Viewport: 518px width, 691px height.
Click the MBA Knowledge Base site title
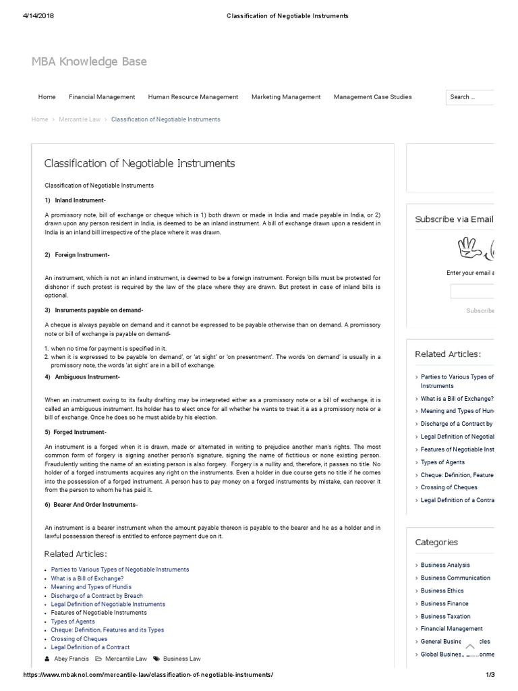[x=89, y=62]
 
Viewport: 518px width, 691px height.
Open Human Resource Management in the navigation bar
[x=193, y=97]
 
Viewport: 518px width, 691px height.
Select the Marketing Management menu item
[x=286, y=97]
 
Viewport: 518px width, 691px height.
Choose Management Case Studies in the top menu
[x=372, y=97]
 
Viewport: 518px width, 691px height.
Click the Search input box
[x=470, y=97]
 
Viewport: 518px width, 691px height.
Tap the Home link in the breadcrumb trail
[x=40, y=119]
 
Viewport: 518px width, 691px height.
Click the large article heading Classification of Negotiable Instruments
[x=140, y=163]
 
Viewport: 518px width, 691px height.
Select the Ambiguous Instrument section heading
[x=87, y=377]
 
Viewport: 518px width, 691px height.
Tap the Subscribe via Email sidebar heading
[x=454, y=219]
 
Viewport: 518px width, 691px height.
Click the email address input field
[x=472, y=292]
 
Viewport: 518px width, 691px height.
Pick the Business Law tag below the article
[x=182, y=659]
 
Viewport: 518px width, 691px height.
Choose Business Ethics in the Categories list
[x=442, y=590]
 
